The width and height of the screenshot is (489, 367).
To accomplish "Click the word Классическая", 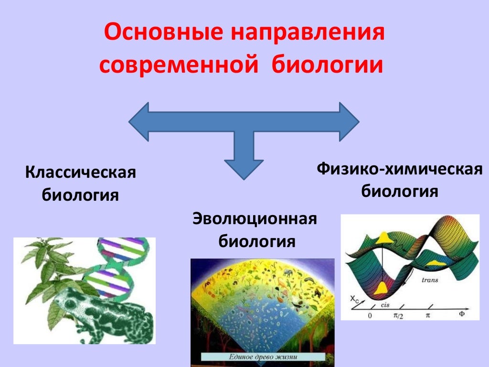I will pos(81,173).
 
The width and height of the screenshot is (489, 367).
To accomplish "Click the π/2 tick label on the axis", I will pos(398,316).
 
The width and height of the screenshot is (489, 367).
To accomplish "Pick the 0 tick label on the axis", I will pos(370,316).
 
